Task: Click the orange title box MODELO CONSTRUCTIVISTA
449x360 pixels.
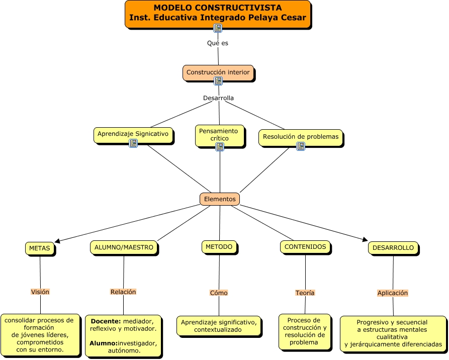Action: (x=217, y=13)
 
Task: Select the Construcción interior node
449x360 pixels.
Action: (x=218, y=72)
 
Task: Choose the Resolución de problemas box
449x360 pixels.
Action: (x=301, y=136)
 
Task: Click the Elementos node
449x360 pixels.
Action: (x=219, y=199)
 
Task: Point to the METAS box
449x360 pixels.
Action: (x=39, y=248)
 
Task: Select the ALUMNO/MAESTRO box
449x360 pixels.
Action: (x=124, y=247)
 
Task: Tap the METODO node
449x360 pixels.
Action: (x=219, y=246)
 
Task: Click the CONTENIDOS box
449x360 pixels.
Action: (x=305, y=246)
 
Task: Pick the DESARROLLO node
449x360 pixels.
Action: (x=393, y=247)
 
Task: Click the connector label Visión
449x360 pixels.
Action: (x=40, y=292)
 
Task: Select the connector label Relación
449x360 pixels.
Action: (x=123, y=292)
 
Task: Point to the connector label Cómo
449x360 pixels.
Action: (x=219, y=293)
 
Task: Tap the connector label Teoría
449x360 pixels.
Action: (x=305, y=293)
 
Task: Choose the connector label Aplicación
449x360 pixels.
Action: (x=393, y=293)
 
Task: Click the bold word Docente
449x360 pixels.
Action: (x=105, y=321)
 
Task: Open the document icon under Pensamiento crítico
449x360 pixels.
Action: (x=220, y=147)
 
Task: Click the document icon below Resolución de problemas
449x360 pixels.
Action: (x=301, y=146)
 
